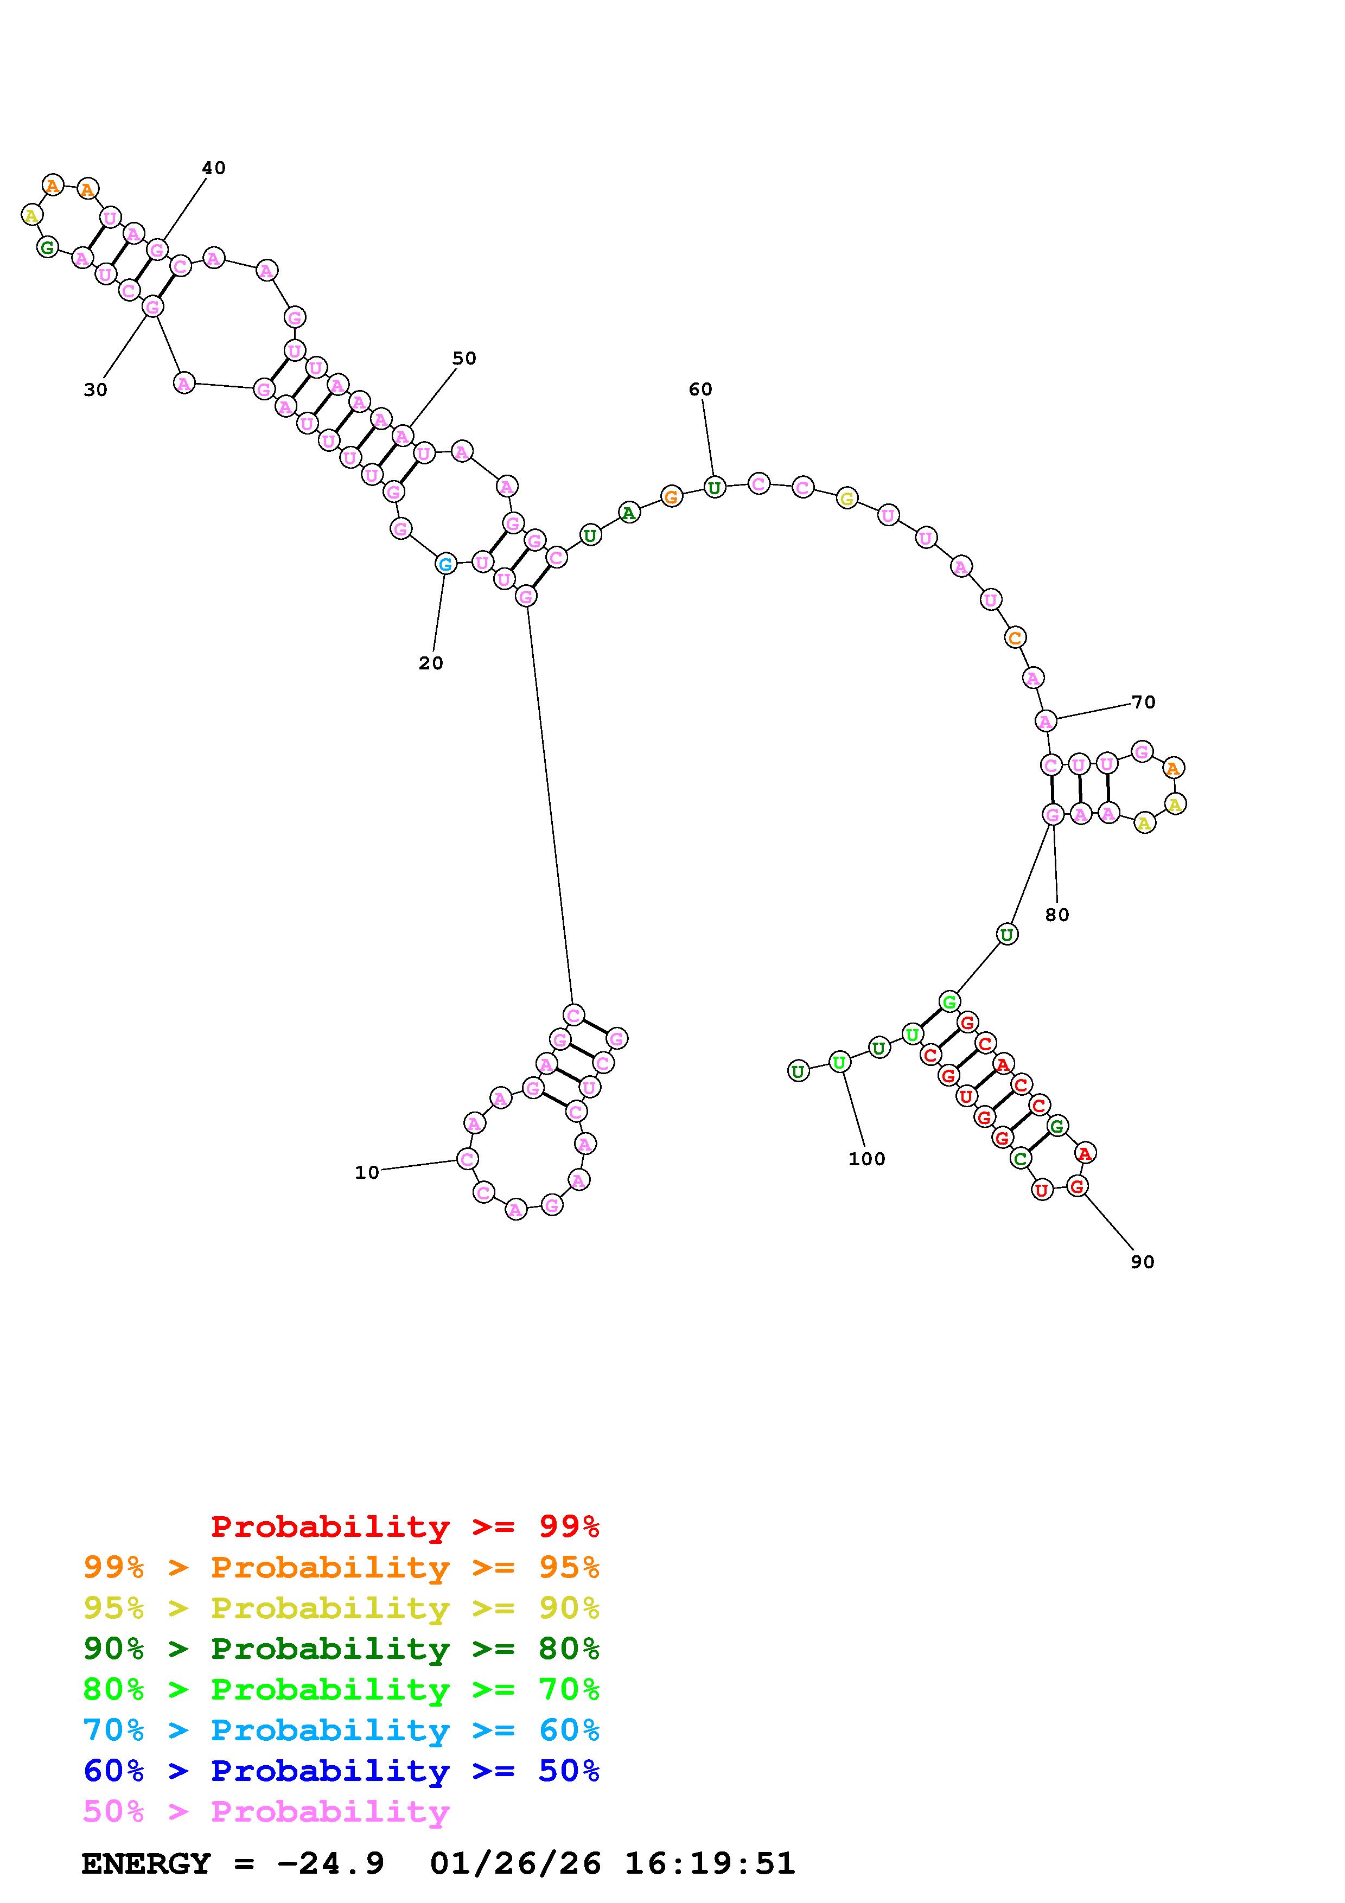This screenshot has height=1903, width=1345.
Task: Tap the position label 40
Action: (x=214, y=168)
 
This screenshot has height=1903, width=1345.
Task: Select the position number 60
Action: (x=700, y=389)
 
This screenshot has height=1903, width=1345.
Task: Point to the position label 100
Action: (x=867, y=1159)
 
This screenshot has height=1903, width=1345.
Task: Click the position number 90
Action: (x=1142, y=1261)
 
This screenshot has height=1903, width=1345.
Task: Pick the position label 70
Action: (x=1144, y=702)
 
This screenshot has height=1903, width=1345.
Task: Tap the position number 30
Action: (x=95, y=389)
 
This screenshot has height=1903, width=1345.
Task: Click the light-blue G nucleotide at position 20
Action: (x=445, y=564)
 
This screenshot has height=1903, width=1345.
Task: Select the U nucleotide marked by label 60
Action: (x=715, y=487)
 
